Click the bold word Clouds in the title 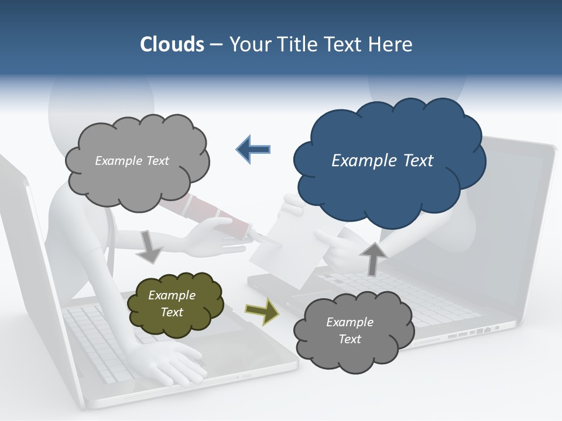[172, 44]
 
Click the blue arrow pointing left [253, 149]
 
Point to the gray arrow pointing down [151, 246]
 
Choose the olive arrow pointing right [262, 312]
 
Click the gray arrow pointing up [373, 257]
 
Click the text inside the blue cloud [382, 161]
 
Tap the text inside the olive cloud [172, 304]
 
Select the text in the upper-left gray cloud [132, 161]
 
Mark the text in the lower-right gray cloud [349, 330]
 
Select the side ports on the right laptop [474, 332]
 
